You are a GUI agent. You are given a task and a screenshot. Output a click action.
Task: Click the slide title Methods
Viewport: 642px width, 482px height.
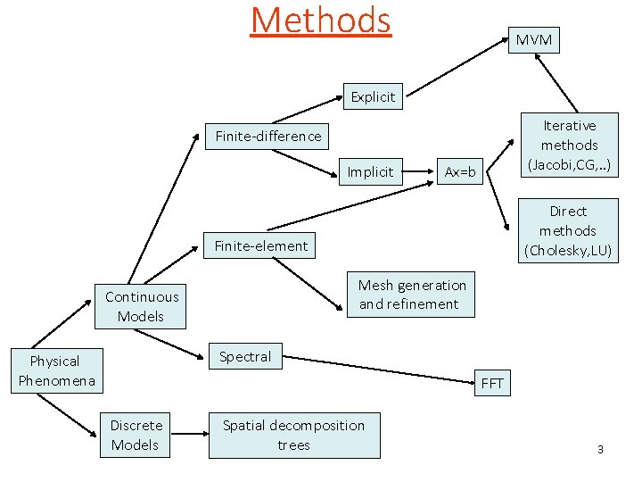pyautogui.click(x=320, y=21)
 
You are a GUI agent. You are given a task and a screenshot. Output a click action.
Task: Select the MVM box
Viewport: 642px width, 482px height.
pyautogui.click(x=533, y=39)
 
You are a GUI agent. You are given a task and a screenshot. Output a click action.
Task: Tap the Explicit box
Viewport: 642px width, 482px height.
pyautogui.click(x=373, y=96)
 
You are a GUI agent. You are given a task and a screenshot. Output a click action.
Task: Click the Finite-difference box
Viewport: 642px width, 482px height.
pyautogui.click(x=267, y=136)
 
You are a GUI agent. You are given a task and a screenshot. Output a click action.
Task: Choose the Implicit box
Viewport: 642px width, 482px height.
pyautogui.click(x=370, y=171)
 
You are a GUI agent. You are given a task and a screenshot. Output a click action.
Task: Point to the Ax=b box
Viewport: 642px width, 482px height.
pyautogui.click(x=460, y=171)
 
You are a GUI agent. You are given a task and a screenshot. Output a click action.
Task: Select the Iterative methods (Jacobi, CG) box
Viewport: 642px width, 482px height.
pyautogui.click(x=569, y=145)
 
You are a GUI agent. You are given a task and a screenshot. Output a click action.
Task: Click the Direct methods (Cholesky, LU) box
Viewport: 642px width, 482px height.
pyautogui.click(x=568, y=230)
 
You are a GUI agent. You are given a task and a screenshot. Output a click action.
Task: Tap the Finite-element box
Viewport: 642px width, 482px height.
pyautogui.click(x=260, y=245)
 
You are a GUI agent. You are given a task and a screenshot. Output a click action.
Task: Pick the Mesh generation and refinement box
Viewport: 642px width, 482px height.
pyautogui.click(x=411, y=295)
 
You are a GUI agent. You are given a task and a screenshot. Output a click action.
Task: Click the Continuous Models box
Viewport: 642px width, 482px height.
pyautogui.click(x=141, y=306)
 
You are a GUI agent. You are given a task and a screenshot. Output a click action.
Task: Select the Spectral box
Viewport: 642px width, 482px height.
pyautogui.click(x=245, y=356)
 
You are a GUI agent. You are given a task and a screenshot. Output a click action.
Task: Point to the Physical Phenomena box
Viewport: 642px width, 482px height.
pyautogui.click(x=54, y=370)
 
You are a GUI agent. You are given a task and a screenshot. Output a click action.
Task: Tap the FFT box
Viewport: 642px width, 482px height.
pyautogui.click(x=492, y=384)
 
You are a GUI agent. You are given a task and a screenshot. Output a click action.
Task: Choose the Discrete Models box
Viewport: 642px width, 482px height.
pyautogui.click(x=136, y=435)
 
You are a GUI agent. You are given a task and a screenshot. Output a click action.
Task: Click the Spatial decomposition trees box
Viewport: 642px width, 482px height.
pyautogui.click(x=293, y=435)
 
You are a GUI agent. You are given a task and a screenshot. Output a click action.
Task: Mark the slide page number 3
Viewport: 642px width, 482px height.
pyautogui.click(x=600, y=449)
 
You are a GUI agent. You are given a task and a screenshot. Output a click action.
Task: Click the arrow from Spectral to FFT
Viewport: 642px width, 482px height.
pyautogui.click(x=383, y=365)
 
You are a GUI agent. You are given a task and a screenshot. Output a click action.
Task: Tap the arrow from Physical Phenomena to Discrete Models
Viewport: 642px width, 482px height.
pyautogui.click(x=67, y=415)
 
